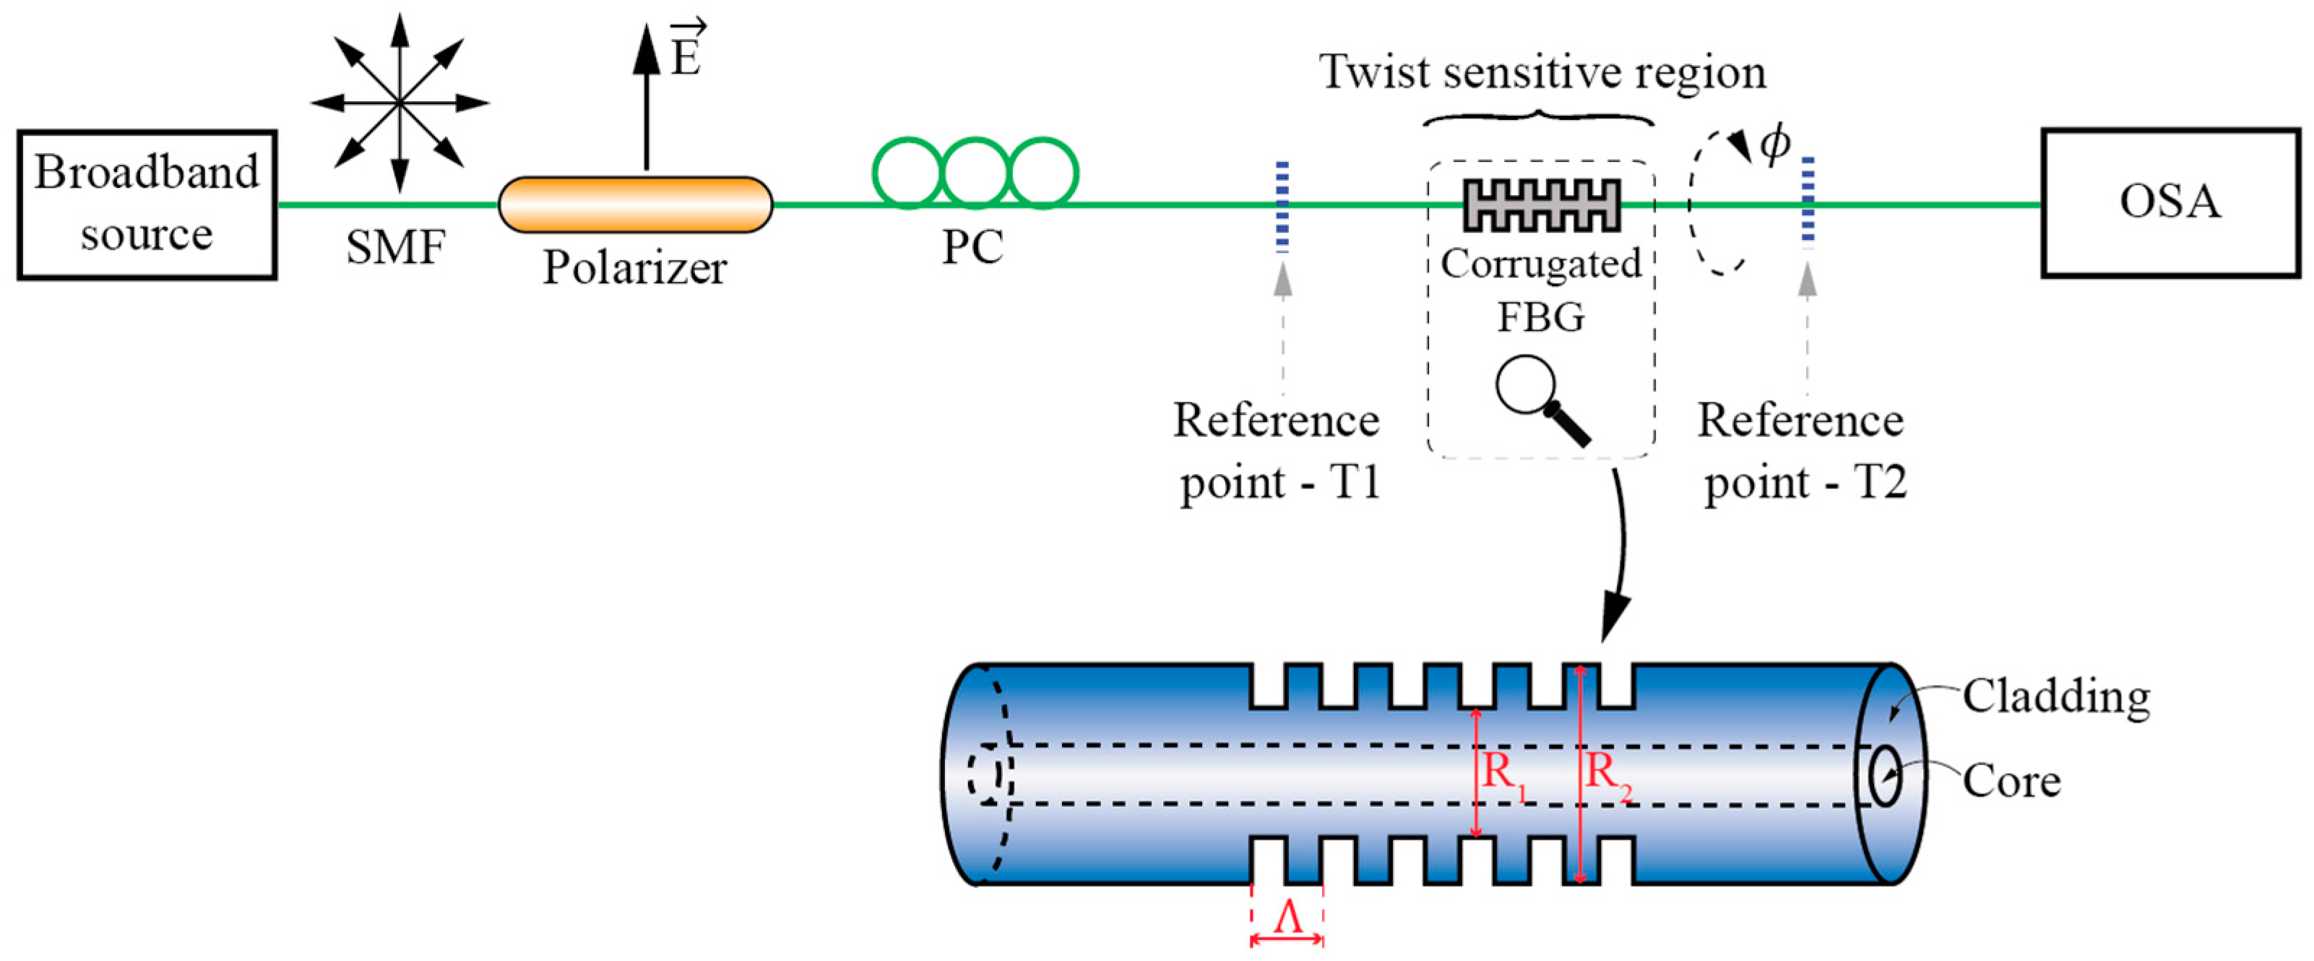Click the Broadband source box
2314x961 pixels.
click(147, 204)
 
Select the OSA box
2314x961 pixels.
click(2170, 203)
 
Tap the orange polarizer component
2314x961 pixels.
click(635, 204)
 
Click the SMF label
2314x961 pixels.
click(395, 247)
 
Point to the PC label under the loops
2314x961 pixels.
click(972, 247)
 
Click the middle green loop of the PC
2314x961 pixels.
click(975, 173)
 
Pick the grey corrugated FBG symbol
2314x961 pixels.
click(1542, 204)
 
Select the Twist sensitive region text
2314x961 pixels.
click(1542, 72)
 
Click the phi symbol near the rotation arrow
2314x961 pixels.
click(1774, 144)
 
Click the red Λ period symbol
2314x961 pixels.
click(1288, 918)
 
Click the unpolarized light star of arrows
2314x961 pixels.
click(400, 103)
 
